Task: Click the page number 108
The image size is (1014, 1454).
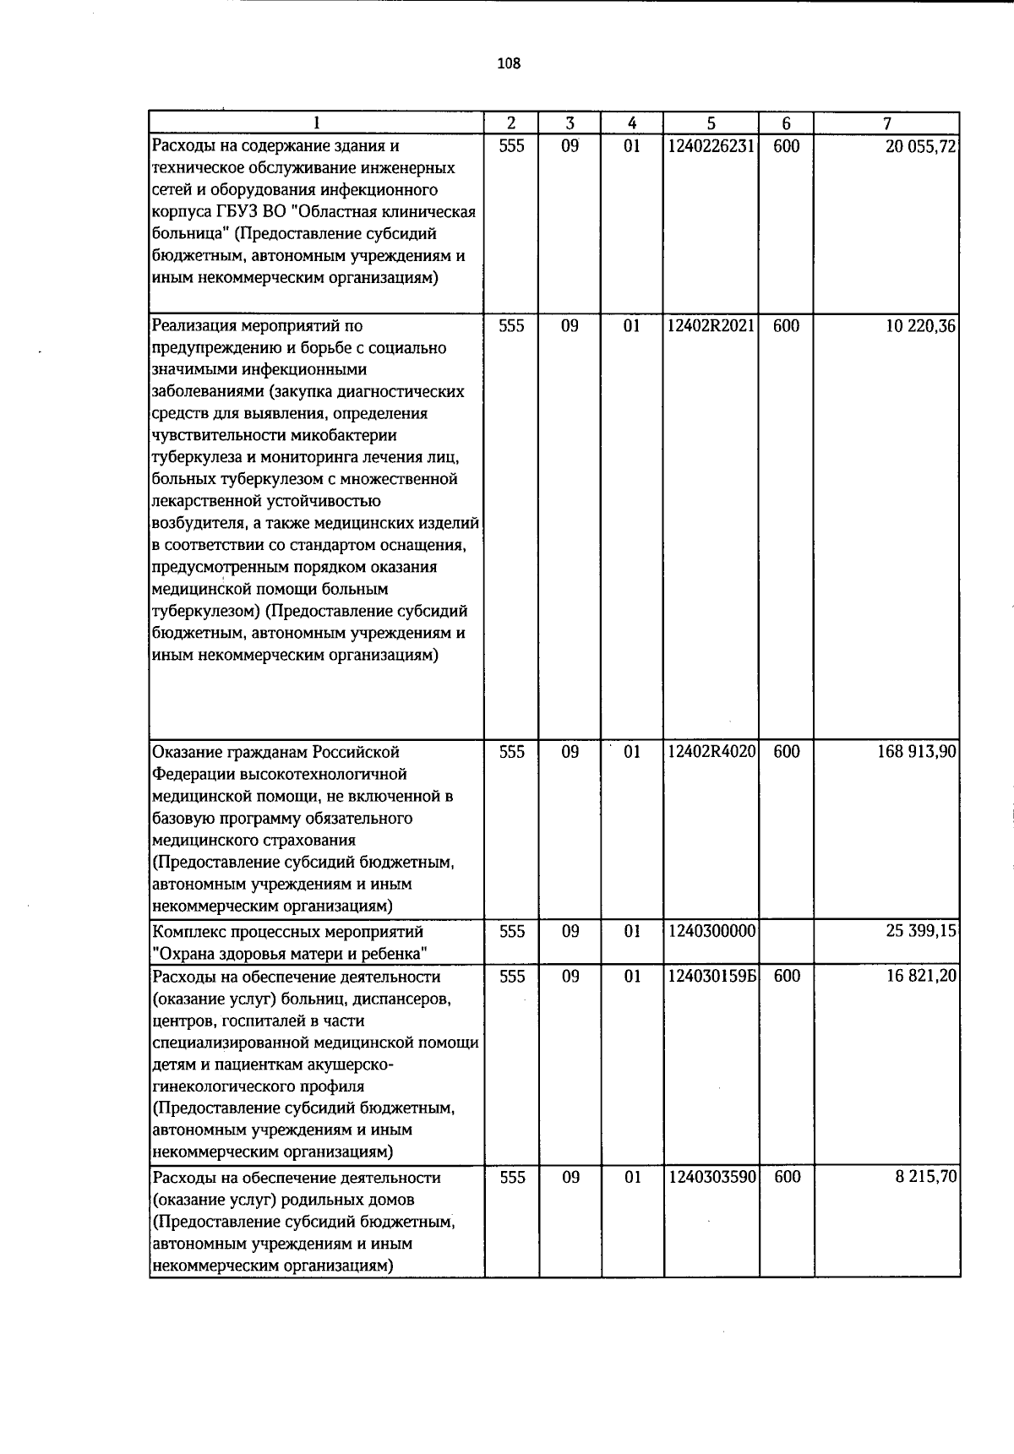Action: point(509,63)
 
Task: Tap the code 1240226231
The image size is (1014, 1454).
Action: point(710,146)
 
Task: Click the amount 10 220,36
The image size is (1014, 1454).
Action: point(920,326)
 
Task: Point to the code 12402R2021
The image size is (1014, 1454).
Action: point(711,326)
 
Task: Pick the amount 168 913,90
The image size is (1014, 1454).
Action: point(916,752)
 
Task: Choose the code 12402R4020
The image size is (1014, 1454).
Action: point(711,752)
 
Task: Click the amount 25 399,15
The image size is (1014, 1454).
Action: point(920,931)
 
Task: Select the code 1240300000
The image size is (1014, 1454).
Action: point(710,931)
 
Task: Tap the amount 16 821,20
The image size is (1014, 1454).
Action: point(920,976)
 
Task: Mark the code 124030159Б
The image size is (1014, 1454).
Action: point(711,976)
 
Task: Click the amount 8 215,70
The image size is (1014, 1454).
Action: point(925,1177)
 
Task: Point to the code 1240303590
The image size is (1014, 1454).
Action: point(710,1177)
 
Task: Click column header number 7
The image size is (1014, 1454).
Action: point(886,123)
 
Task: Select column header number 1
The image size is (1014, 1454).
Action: point(316,123)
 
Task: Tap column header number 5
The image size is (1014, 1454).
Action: point(711,123)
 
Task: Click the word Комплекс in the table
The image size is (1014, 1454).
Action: point(188,932)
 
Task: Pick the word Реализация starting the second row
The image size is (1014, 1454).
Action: point(194,326)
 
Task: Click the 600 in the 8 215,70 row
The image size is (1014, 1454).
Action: point(787,1177)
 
